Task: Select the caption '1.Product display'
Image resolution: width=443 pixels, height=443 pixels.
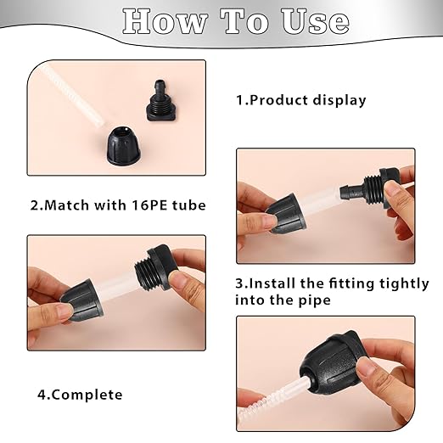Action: [300, 100]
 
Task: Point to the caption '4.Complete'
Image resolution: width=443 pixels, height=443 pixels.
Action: [80, 395]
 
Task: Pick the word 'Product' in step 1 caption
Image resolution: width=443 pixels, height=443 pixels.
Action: [278, 100]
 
